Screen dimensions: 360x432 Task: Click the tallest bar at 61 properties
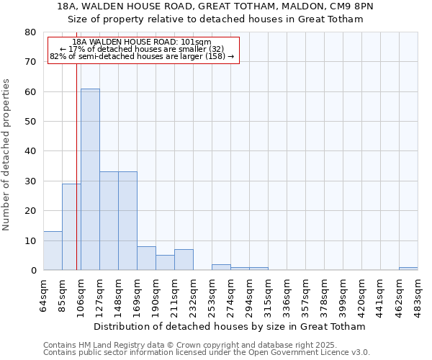pos(90,179)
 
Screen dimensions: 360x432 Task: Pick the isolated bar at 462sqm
pos(408,269)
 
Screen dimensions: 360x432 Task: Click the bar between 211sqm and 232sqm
pos(184,260)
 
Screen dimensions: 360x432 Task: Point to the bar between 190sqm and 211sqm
pos(165,263)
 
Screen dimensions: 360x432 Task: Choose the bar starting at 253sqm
pos(221,267)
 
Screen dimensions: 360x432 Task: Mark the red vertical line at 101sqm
pos(76,180)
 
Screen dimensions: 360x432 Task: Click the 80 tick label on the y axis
pos(30,32)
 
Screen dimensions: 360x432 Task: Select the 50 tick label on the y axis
pos(30,122)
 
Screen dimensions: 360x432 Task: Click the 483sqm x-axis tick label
pos(418,294)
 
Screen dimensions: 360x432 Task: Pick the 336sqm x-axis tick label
pos(287,294)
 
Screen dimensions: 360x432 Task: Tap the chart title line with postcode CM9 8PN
pos(215,6)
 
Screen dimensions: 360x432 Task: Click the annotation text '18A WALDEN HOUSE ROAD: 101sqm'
pos(142,42)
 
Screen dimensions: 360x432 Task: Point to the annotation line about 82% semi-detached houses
pos(142,56)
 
